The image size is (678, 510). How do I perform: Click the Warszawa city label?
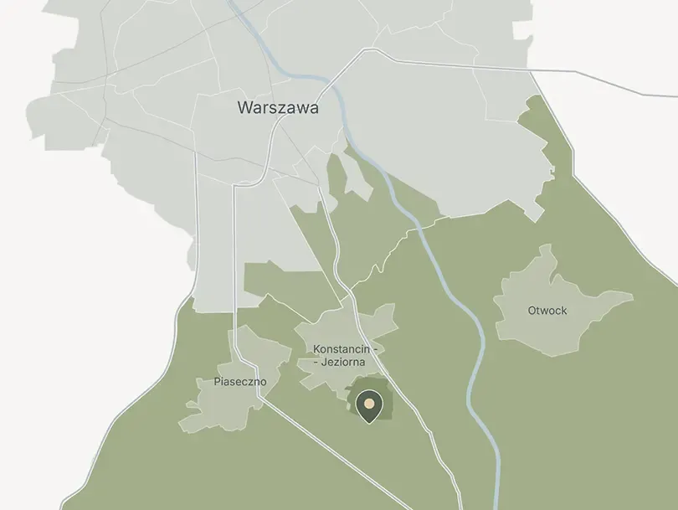point(278,108)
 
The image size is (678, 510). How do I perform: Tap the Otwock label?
point(547,311)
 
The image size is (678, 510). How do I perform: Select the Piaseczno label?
point(239,382)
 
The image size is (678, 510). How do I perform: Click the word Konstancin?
point(342,348)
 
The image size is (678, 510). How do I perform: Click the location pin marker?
point(368,405)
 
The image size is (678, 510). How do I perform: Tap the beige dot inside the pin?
point(368,402)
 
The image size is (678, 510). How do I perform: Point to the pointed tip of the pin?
point(368,421)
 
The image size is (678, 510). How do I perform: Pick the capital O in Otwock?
point(532,311)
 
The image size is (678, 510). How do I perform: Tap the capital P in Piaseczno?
point(217,382)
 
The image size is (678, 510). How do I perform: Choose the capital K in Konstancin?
point(316,348)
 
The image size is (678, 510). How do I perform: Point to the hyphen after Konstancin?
point(377,348)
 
